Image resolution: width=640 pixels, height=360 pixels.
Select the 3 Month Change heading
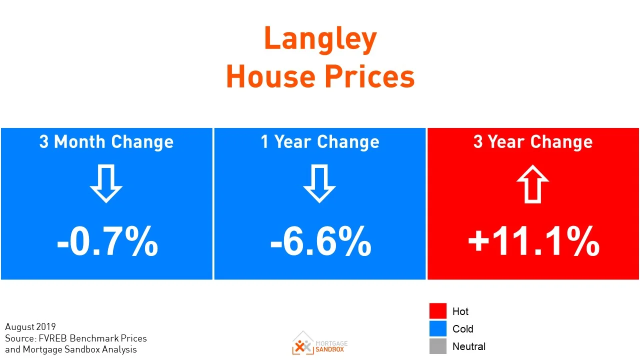(106, 142)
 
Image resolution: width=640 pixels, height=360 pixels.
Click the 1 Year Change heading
(320, 142)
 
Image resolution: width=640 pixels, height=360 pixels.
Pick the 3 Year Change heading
(533, 142)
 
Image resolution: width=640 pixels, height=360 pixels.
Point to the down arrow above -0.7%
(106, 183)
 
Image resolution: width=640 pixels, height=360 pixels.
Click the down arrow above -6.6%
(319, 183)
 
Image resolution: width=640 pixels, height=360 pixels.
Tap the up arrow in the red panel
(533, 183)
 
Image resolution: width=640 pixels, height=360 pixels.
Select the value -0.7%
(107, 242)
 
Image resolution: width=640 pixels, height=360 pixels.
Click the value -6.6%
(320, 242)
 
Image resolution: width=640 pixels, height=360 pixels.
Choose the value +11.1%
(533, 242)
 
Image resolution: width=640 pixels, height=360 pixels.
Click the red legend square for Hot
(437, 310)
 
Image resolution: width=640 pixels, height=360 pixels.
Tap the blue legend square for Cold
(437, 328)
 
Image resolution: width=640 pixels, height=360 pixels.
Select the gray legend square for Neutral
(437, 346)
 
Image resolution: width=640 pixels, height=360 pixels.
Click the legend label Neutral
(468, 346)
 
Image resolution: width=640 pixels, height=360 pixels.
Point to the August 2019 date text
(30, 327)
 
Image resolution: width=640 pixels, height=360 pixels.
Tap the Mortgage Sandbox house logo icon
(302, 343)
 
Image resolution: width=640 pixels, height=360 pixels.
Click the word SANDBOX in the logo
(330, 349)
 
